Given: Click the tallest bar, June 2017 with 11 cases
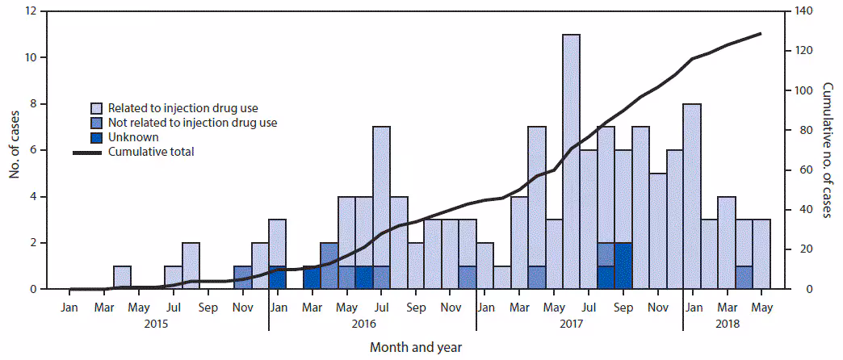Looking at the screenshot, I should click(x=571, y=161).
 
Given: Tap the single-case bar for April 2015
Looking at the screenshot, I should click(x=122, y=277).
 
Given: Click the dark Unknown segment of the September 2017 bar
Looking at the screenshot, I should click(x=623, y=266).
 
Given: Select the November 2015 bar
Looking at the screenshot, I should click(x=242, y=277).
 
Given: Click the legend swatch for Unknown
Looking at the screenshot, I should click(x=96, y=137).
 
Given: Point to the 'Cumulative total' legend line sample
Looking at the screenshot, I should click(x=89, y=152).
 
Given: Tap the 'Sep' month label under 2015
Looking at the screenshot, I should click(x=208, y=307).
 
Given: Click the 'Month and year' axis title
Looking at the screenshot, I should click(x=416, y=347).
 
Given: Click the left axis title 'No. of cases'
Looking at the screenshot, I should click(x=13, y=150).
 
